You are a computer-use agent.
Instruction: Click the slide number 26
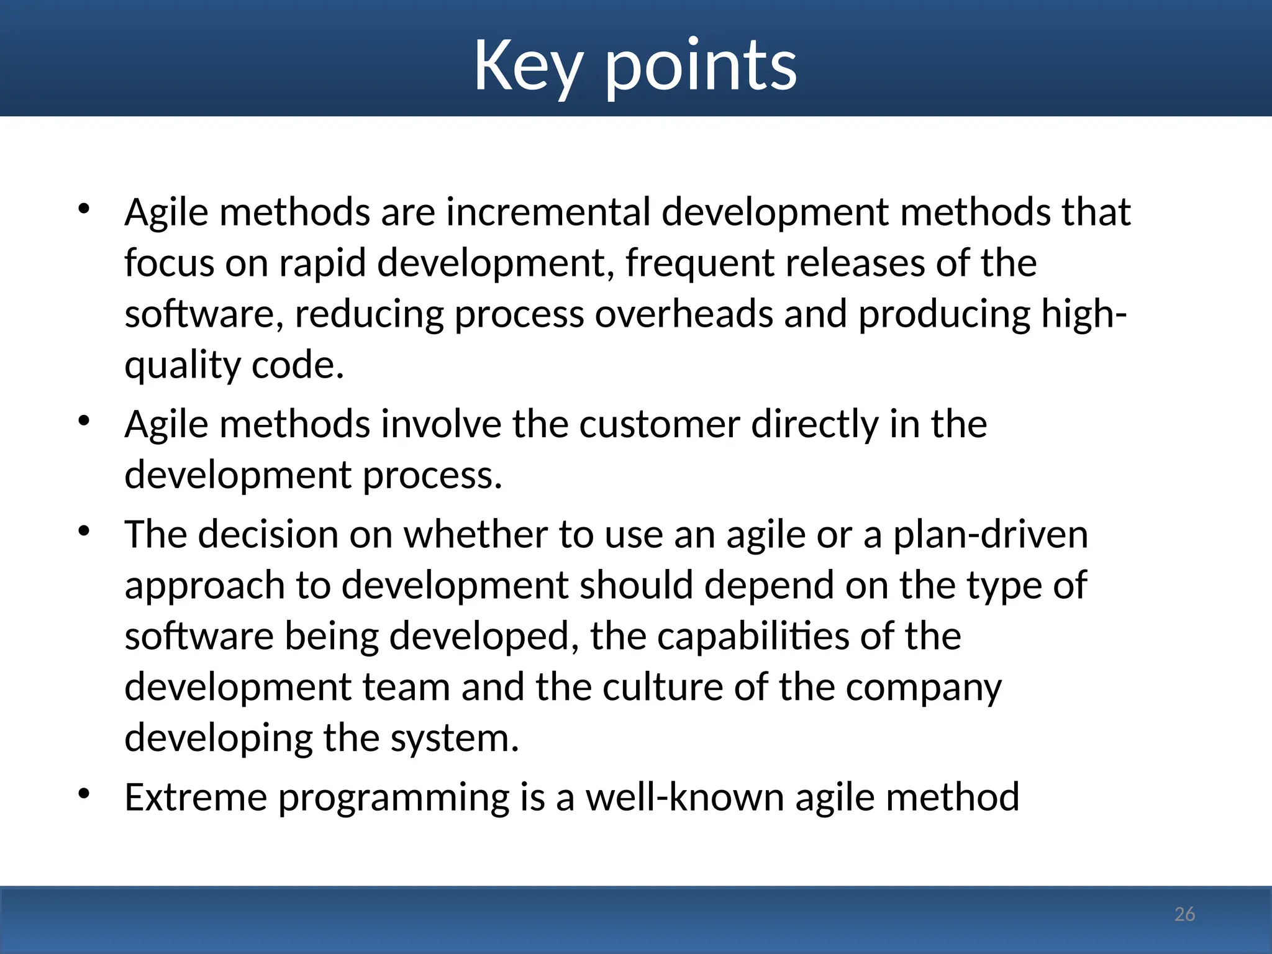(1184, 914)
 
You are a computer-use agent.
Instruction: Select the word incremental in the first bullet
(548, 212)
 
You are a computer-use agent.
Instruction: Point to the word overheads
(684, 314)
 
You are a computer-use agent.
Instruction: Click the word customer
(660, 425)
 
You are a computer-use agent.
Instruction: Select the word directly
(815, 425)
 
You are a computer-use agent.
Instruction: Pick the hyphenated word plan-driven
(991, 535)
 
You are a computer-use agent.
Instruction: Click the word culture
(663, 688)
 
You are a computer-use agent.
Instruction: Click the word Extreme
(196, 797)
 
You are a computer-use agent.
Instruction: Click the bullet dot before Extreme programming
(84, 794)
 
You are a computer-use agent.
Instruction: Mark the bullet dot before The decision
(84, 531)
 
